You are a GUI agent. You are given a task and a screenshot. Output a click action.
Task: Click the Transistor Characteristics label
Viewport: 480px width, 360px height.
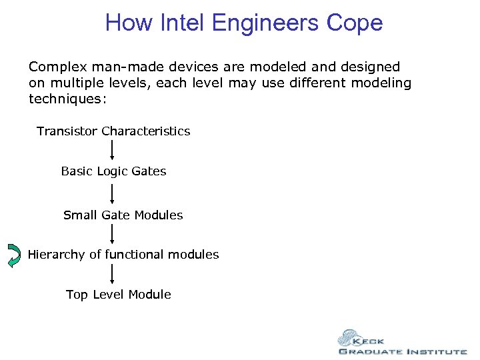(x=113, y=131)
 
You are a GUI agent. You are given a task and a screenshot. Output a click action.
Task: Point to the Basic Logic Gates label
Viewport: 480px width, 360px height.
(x=113, y=171)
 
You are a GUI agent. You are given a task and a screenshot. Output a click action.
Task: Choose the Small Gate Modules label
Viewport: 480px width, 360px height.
(x=123, y=215)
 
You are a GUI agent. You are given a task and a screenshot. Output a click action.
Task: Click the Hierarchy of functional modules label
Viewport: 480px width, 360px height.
(x=123, y=255)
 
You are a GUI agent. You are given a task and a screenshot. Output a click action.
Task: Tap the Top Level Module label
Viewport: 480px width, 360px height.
(x=118, y=295)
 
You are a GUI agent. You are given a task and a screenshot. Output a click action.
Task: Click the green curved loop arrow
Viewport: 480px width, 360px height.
(x=14, y=255)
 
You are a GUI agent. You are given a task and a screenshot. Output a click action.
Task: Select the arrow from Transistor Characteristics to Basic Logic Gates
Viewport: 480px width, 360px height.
(x=112, y=151)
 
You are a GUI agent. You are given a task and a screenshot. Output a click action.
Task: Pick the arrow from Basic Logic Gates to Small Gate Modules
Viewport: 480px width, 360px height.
(x=112, y=193)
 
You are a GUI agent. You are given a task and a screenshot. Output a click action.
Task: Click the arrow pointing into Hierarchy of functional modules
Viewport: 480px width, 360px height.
(x=112, y=234)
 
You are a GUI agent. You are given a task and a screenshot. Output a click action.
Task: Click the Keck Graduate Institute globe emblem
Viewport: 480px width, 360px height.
(x=349, y=338)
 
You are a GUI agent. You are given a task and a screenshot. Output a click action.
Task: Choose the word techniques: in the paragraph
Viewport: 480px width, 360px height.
(x=67, y=99)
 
